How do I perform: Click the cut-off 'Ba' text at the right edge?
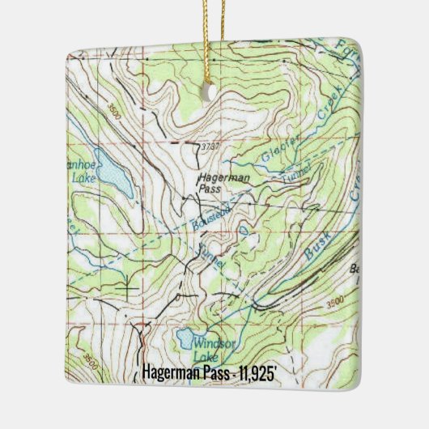(353, 270)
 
